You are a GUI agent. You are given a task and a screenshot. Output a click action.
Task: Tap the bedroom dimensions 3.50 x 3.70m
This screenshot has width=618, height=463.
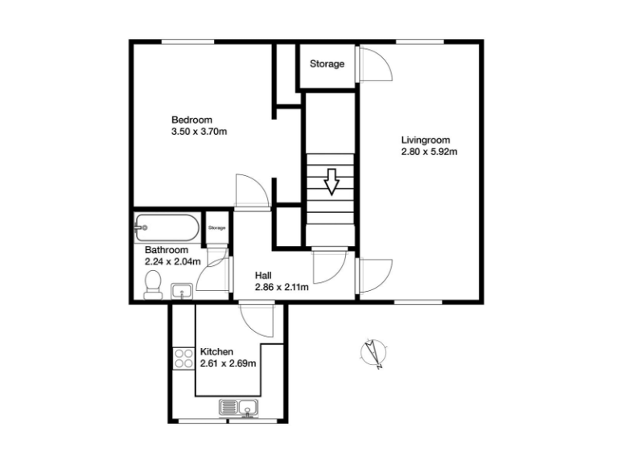coord(200,131)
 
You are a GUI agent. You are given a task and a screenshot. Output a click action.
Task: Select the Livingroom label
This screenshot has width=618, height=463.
coord(426,140)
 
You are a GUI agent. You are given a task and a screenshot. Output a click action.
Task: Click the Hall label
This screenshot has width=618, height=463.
coord(262,275)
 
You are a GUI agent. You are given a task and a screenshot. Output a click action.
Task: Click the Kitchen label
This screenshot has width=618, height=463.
coord(216,352)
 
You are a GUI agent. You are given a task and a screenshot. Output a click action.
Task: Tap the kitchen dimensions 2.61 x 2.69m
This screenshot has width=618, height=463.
coord(228,363)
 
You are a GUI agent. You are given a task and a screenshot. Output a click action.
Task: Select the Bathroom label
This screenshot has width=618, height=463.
coord(167,250)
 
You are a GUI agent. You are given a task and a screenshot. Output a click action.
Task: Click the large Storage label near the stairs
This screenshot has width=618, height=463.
coord(328,64)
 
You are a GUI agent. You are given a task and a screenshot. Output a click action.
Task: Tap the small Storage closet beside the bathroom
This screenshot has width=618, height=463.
coord(217,227)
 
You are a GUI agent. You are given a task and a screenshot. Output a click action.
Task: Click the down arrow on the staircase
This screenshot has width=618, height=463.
coord(331,182)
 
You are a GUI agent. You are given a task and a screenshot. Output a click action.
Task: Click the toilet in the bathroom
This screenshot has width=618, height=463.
coord(152,285)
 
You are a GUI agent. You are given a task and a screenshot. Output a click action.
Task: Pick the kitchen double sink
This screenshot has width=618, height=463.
coord(240,408)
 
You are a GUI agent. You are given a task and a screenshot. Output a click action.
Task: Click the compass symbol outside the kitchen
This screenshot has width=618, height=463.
coord(373,353)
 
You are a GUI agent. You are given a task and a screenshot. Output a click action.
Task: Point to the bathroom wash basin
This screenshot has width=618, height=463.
coord(183,290)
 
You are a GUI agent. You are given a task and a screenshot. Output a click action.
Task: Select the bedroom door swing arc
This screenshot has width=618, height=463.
coord(252,190)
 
